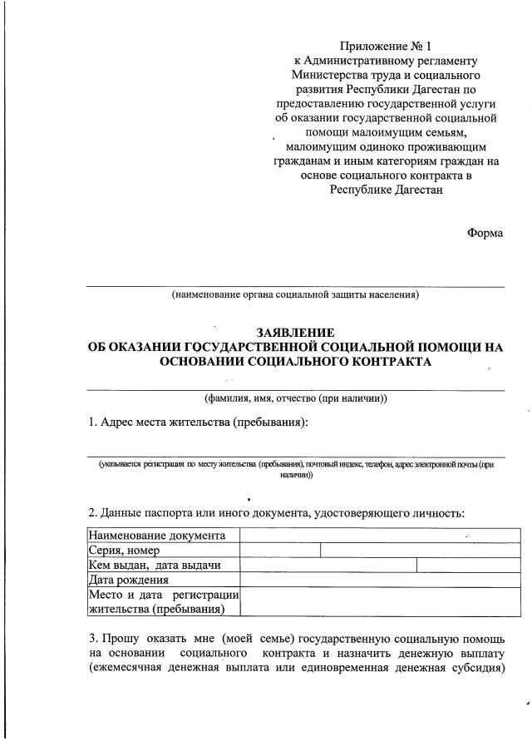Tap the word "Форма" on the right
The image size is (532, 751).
point(485,233)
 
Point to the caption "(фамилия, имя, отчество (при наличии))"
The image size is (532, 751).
point(295,398)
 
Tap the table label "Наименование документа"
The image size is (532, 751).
point(156,535)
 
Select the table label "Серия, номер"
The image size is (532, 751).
point(125,550)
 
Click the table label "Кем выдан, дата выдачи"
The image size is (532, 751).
point(155,565)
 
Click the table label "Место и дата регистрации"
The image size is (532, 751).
point(164,595)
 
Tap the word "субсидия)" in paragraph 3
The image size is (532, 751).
point(475,669)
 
